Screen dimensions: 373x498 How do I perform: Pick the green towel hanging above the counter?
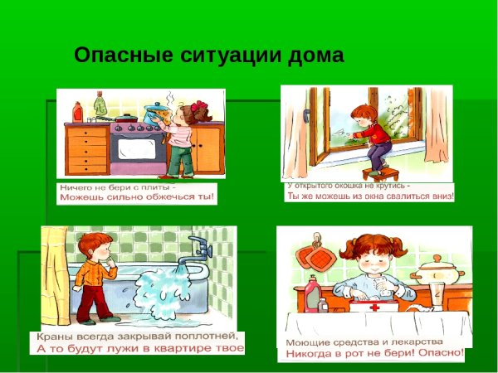coord(100,104)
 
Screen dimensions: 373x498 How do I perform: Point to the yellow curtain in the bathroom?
coord(55,274)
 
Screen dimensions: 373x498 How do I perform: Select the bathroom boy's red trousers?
coord(95,298)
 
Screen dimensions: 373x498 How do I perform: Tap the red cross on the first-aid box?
coord(364,306)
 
